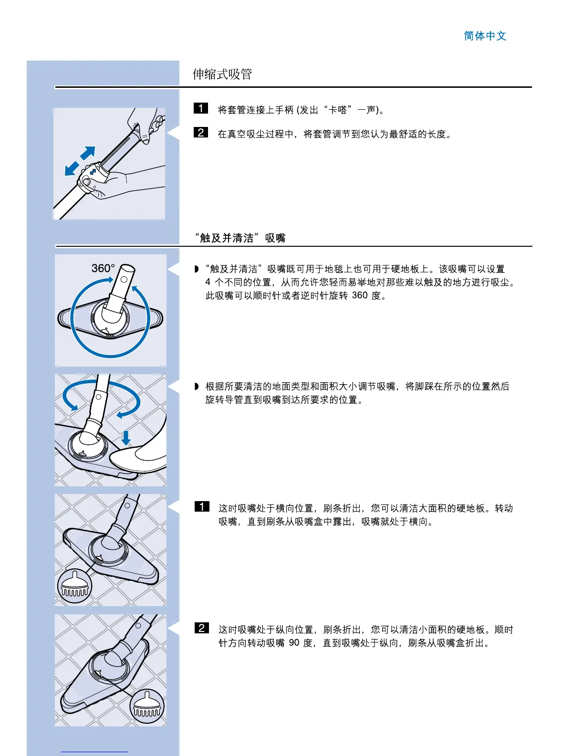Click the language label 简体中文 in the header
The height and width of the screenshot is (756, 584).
point(485,36)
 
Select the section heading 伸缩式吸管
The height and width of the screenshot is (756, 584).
point(222,74)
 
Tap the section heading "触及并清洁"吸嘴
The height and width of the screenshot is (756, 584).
point(240,238)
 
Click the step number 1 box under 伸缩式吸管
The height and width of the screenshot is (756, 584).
point(201,108)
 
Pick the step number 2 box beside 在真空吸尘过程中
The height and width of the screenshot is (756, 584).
point(201,132)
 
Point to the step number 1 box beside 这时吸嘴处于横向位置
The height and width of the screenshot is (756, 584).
point(202,506)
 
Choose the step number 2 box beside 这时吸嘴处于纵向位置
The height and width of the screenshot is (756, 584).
point(202,628)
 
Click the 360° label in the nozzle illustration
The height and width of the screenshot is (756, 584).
point(103,268)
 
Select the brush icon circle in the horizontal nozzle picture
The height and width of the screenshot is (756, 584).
point(74,586)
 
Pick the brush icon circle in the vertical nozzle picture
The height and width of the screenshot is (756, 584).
point(147,706)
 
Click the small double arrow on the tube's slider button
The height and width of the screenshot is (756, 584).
point(93,171)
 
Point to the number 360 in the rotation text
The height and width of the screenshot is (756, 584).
point(360,295)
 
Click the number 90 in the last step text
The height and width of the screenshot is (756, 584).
point(294,643)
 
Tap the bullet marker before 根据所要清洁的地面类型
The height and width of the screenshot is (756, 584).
point(197,386)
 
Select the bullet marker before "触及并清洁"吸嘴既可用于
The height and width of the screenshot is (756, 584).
point(197,269)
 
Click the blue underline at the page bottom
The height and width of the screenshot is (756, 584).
point(94,752)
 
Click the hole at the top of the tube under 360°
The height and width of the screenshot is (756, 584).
point(125,280)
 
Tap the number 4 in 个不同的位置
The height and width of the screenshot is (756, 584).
point(208,282)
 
